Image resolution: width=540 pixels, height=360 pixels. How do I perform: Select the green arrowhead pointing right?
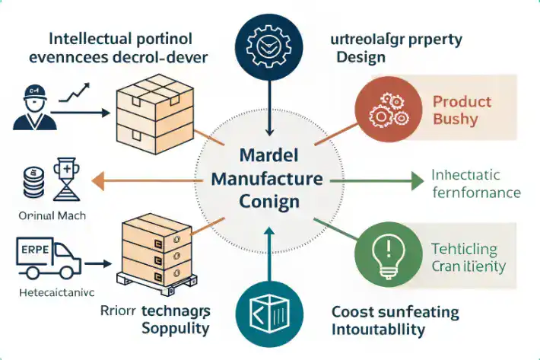tap(415, 181)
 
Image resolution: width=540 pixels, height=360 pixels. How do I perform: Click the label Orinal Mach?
tap(51, 215)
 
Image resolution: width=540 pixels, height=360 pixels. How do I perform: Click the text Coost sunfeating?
tap(395, 312)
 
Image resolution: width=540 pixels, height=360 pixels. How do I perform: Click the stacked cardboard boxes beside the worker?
tap(150, 114)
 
